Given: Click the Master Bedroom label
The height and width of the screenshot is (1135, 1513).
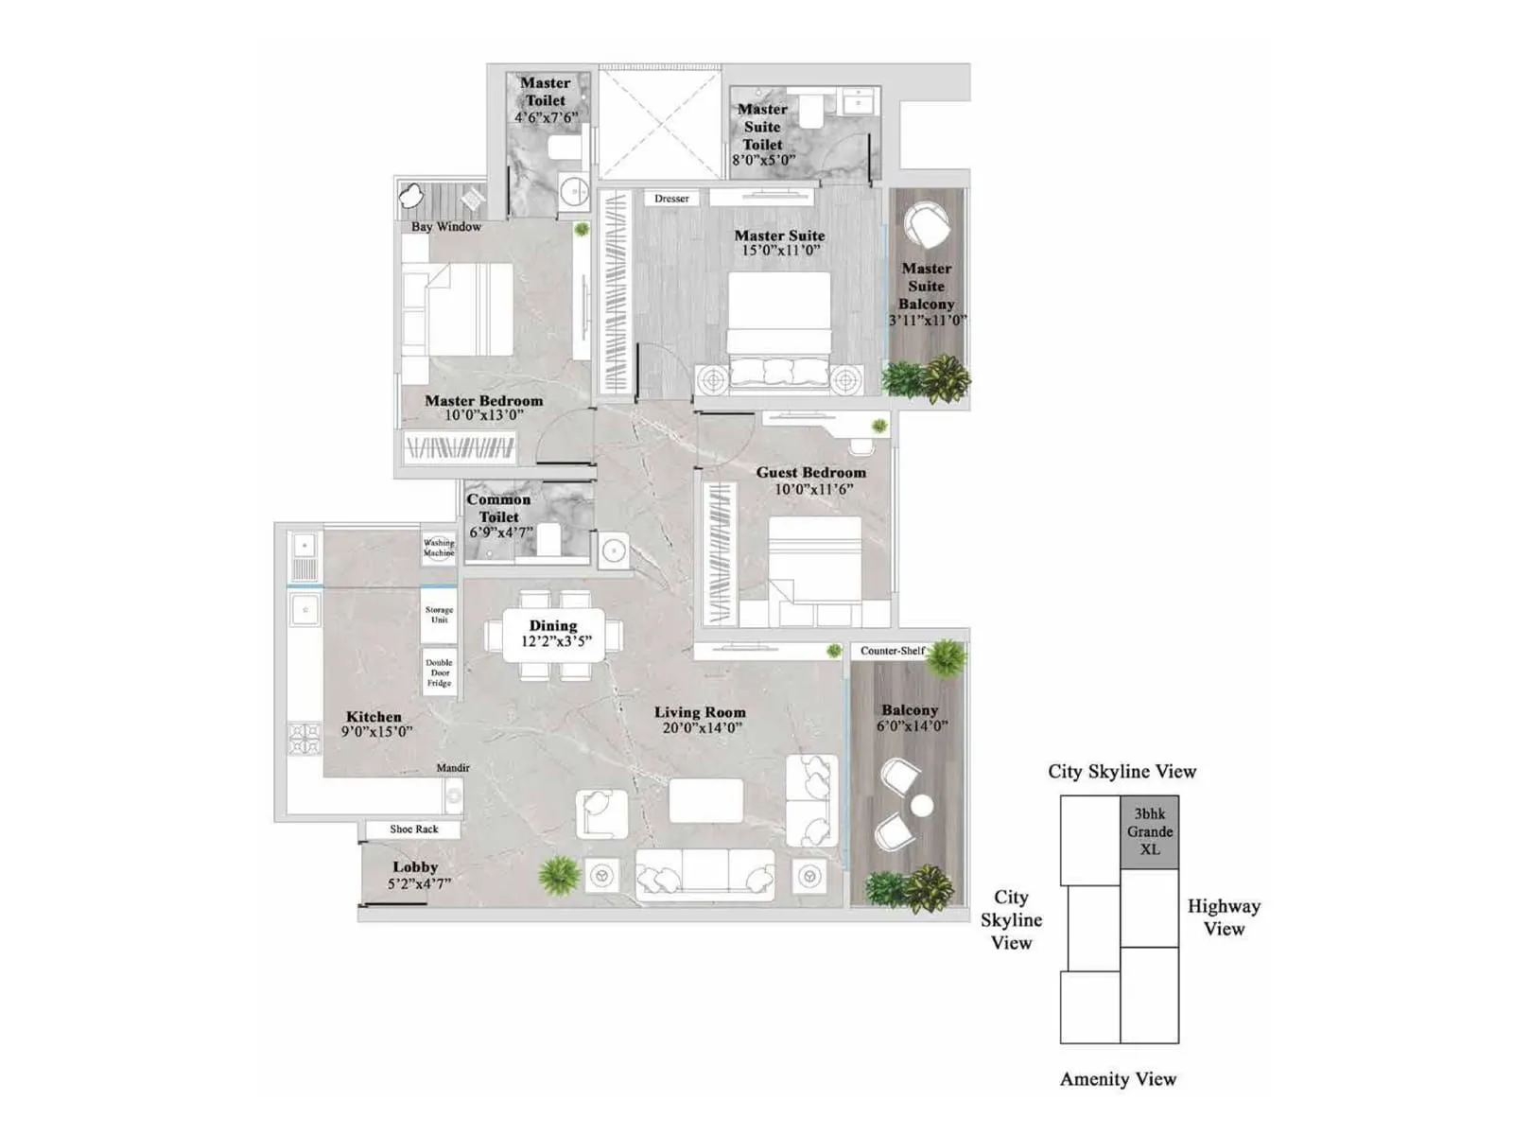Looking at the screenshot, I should (483, 400).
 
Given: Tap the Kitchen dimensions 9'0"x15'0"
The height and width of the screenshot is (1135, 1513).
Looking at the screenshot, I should (376, 732).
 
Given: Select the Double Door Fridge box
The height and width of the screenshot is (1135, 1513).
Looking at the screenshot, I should (439, 672).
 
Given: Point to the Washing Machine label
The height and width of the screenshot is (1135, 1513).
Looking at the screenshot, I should (439, 547).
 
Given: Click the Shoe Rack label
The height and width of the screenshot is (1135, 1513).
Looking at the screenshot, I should (414, 829).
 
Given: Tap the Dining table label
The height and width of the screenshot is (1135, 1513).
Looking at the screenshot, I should (553, 625).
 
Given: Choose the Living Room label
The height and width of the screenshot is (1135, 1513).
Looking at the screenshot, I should (700, 712).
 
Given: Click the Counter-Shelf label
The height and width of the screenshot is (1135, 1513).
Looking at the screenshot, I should (893, 651).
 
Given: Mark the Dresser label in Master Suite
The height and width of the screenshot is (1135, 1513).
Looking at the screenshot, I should (671, 199).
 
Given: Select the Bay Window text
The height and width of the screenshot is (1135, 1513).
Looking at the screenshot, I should (445, 227).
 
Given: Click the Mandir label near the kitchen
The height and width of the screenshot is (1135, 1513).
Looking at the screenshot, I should (453, 768).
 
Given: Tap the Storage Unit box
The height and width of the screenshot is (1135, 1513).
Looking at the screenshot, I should (439, 615).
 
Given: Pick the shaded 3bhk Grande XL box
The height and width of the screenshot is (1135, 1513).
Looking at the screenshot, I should (1149, 831).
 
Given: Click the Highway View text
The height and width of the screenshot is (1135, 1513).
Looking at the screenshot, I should (1224, 917).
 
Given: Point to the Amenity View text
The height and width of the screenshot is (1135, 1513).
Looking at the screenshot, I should (1118, 1079).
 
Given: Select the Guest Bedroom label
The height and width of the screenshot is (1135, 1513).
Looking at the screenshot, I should (810, 472).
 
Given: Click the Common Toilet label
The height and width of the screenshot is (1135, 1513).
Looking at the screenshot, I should (498, 508).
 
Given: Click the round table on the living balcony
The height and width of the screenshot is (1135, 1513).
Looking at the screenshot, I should (922, 805).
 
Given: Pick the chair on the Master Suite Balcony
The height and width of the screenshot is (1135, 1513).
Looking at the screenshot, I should (926, 226).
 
